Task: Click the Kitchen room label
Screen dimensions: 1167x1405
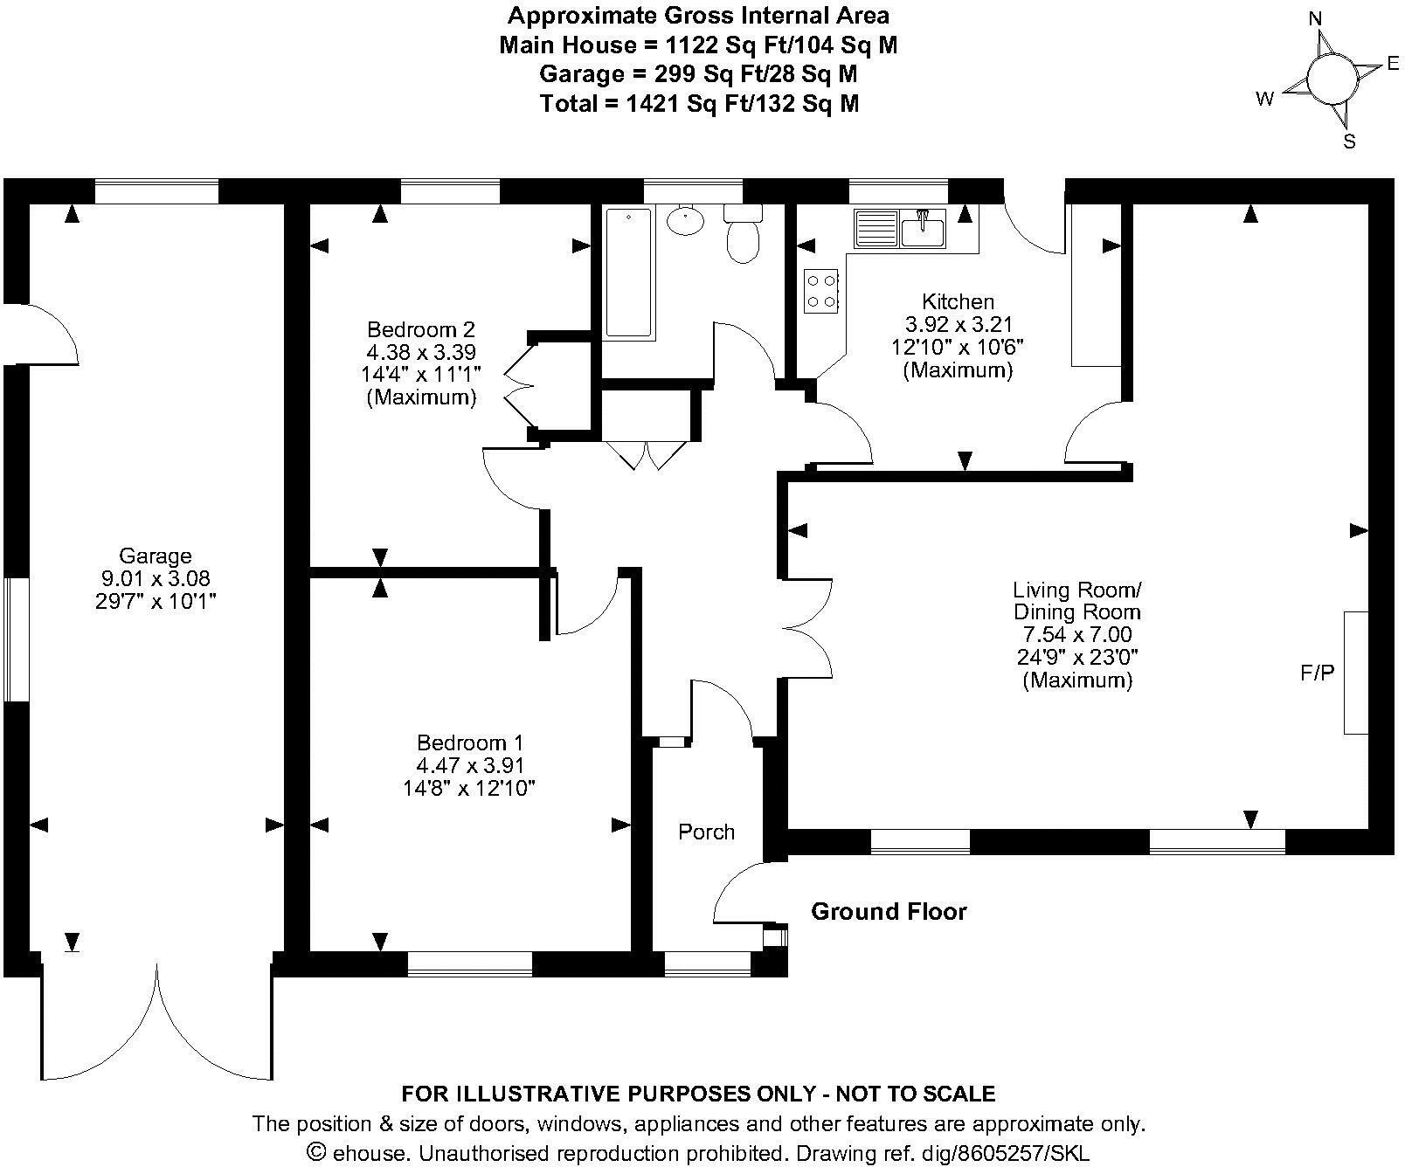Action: point(958,302)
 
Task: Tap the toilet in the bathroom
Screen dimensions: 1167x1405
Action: point(743,236)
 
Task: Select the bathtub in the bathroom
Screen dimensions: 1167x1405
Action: point(628,272)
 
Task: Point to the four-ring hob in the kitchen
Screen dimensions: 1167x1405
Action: point(821,291)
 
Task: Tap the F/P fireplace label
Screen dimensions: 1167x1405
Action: point(1318,673)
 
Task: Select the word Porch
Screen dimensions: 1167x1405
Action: point(706,832)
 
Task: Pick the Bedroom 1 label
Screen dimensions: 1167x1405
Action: point(470,743)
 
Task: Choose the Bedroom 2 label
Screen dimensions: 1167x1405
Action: point(421,330)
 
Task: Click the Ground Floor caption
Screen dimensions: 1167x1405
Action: point(889,912)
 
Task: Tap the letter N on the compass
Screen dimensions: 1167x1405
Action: point(1314,18)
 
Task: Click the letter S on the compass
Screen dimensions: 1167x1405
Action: point(1349,142)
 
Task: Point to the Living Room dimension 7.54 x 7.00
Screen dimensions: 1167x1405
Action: point(1076,635)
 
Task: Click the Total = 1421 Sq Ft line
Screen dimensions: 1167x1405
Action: point(699,104)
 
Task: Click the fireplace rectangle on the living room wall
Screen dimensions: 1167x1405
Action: point(1355,673)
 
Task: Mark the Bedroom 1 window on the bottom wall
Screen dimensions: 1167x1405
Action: point(469,963)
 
